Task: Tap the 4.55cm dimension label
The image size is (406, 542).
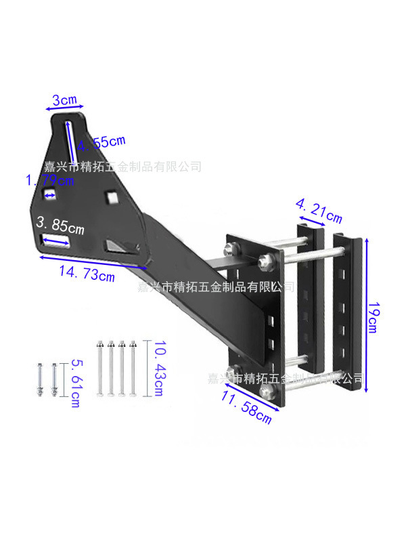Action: pyautogui.click(x=101, y=144)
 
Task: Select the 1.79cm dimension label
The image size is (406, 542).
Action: pyautogui.click(x=49, y=181)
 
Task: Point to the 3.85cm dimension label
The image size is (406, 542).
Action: pyautogui.click(x=61, y=224)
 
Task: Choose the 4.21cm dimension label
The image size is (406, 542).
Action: pyautogui.click(x=319, y=210)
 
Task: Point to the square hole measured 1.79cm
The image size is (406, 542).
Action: pyautogui.click(x=49, y=195)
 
